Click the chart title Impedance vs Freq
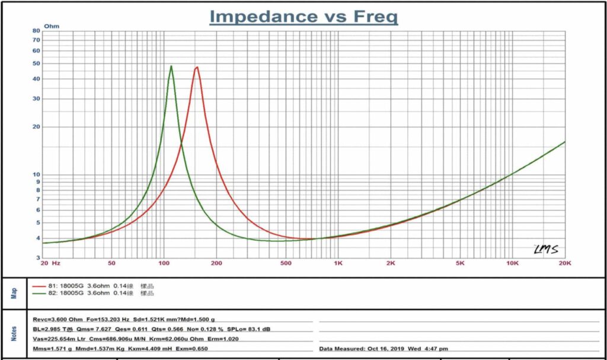point(303,17)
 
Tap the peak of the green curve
point(171,66)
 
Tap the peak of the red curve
point(197,67)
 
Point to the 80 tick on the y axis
point(36,31)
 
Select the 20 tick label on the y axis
point(36,127)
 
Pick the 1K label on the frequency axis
point(338,263)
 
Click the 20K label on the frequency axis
point(565,263)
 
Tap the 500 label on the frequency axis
point(286,263)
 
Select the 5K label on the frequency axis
point(460,263)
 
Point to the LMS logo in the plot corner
point(545,249)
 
